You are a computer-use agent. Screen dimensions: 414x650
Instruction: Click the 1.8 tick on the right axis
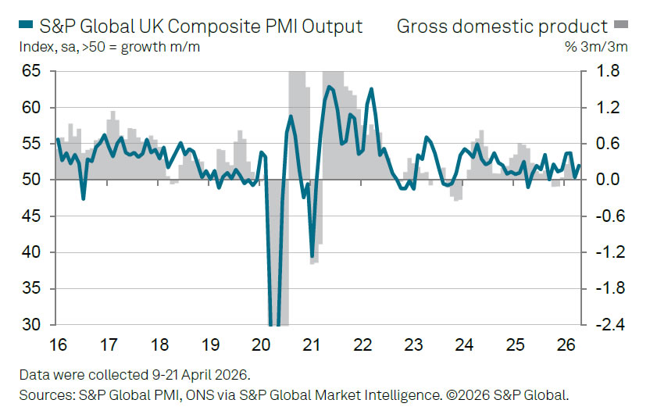608,71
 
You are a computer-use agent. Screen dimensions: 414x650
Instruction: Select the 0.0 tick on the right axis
608,180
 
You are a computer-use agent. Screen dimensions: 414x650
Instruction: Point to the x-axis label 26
565,344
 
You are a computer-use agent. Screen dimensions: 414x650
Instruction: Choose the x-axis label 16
58,344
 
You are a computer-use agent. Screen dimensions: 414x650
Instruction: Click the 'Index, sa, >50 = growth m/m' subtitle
102,47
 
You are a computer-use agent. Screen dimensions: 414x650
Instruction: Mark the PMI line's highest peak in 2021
330,86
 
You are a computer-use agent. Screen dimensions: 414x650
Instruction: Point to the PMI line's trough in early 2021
312,256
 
